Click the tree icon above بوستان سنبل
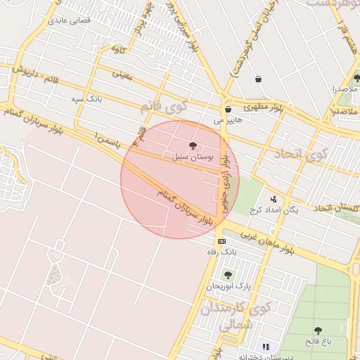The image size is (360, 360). click(x=193, y=145)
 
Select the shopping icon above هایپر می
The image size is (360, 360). click(x=228, y=110)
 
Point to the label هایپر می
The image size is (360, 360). click(x=227, y=120)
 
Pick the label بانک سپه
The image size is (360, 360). click(x=86, y=100)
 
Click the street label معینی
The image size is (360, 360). click(x=122, y=72)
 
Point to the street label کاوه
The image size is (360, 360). click(x=118, y=49)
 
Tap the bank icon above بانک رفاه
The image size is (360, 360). click(x=222, y=241)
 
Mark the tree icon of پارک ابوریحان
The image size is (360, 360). click(x=226, y=275)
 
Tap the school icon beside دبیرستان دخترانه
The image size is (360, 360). click(x=265, y=346)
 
